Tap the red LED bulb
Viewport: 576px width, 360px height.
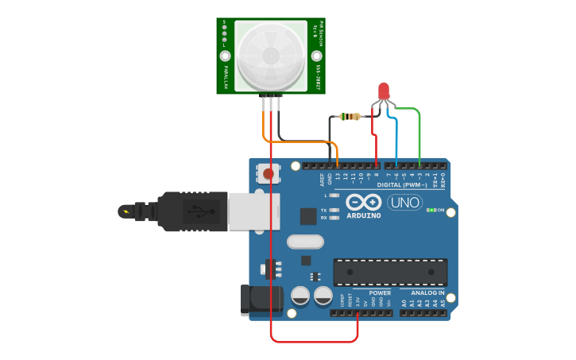[x=384, y=91]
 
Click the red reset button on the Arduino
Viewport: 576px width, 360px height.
[x=269, y=172]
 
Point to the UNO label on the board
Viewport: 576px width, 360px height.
[x=404, y=202]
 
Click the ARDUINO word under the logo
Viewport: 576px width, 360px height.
[x=363, y=215]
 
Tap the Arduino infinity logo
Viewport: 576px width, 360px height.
[x=363, y=202]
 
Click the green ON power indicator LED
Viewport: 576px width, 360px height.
[x=430, y=210]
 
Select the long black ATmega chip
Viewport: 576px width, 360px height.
[x=389, y=272]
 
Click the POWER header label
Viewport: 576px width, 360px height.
[x=380, y=293]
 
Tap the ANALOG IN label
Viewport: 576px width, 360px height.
[x=427, y=293]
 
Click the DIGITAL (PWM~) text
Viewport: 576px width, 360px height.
[x=402, y=184]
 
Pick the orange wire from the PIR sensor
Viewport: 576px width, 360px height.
[x=265, y=123]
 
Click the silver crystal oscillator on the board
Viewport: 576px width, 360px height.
[x=301, y=242]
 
